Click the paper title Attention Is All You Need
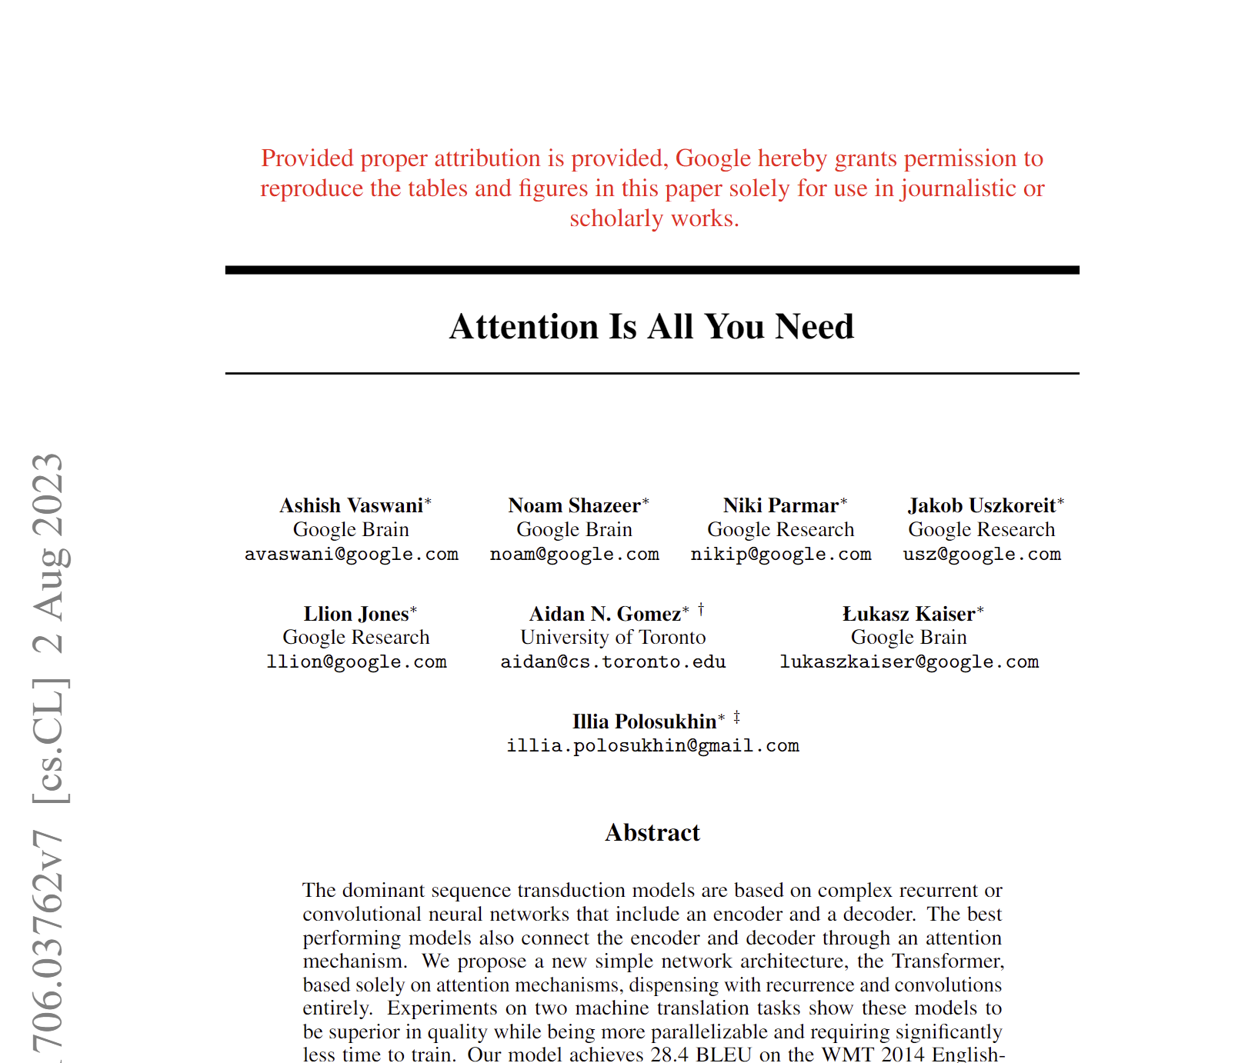tap(652, 327)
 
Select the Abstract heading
tap(652, 833)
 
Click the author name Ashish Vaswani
tap(352, 506)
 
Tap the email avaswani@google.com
tap(352, 555)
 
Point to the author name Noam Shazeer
tap(575, 506)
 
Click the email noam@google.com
tap(575, 555)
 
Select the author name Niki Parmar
tap(780, 506)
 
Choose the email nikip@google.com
tap(781, 555)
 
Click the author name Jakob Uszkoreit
tap(982, 506)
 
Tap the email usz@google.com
tap(982, 555)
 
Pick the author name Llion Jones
tap(356, 615)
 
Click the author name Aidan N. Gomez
tap(606, 615)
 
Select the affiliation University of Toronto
tap(613, 638)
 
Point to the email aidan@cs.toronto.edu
tap(613, 662)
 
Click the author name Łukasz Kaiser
tap(909, 615)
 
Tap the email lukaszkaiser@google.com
tap(909, 662)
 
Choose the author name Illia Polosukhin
tap(645, 722)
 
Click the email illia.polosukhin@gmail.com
tap(652, 746)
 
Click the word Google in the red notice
tap(713, 158)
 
